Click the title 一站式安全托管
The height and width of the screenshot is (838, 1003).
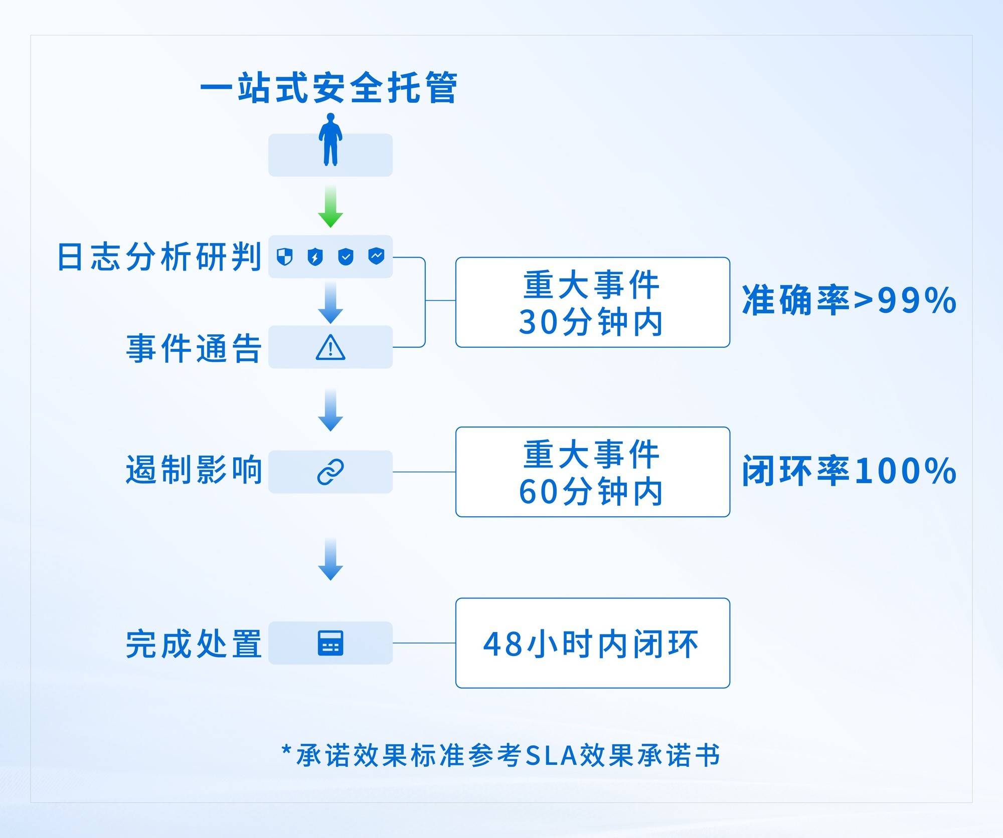[x=328, y=88]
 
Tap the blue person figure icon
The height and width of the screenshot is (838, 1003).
[x=330, y=139]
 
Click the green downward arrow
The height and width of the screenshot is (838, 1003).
[x=330, y=206]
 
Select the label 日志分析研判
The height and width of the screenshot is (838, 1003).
[x=159, y=257]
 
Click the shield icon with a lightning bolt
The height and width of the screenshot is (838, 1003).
[x=315, y=257]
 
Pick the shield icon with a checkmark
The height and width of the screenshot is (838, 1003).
[x=346, y=257]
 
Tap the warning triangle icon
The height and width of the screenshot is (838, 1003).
[x=330, y=347]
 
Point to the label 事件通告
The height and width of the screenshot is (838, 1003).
[x=194, y=348]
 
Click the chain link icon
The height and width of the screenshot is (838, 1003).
[x=330, y=472]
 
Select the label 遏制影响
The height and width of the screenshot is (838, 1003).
[x=194, y=470]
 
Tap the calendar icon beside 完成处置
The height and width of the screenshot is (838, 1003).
[x=330, y=643]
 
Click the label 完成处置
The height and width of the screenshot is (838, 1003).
[x=194, y=644]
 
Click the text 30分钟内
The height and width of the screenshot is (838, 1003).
[x=591, y=322]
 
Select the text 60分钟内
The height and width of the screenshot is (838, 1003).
[x=591, y=491]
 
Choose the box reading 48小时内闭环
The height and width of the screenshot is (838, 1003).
[x=593, y=643]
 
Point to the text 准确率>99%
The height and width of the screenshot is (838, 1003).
[x=849, y=301]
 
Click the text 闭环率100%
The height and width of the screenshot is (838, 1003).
[x=849, y=471]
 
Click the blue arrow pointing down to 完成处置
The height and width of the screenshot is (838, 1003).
[x=330, y=559]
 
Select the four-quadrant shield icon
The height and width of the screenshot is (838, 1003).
[x=284, y=257]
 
